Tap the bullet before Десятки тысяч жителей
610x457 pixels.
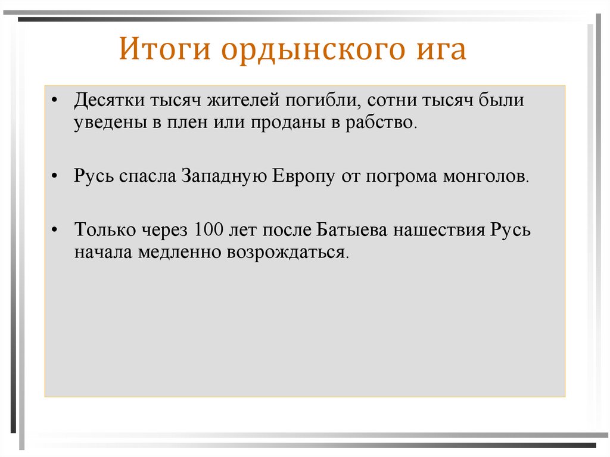[x=56, y=101]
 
